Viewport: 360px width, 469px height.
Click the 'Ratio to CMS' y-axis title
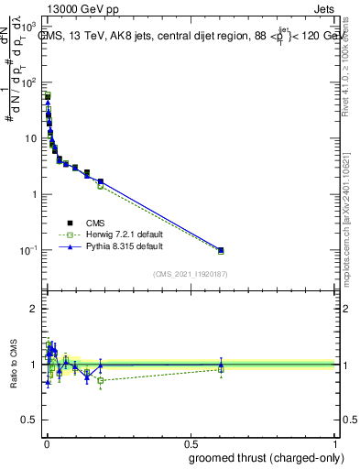click(x=12, y=364)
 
